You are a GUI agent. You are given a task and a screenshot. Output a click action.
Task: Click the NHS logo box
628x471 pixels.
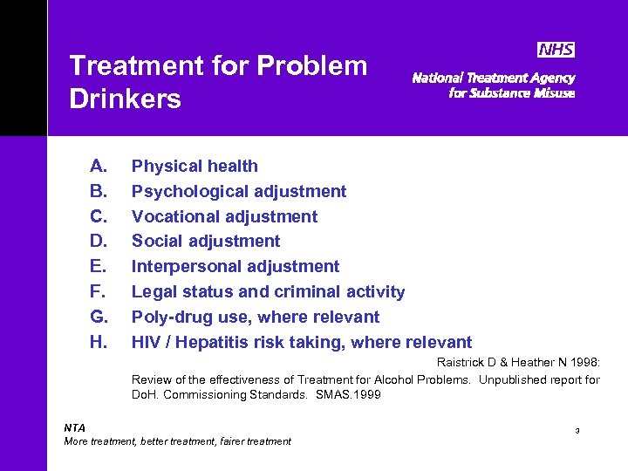(556, 50)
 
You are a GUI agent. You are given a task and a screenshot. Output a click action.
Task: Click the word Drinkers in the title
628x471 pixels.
(125, 99)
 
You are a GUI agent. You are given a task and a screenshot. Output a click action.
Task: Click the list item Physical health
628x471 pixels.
(195, 166)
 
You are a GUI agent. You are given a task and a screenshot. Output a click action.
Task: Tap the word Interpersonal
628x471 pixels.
(184, 266)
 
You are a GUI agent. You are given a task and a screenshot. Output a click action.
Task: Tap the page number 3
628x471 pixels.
(577, 431)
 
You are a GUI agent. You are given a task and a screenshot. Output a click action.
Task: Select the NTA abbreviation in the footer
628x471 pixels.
(75, 427)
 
